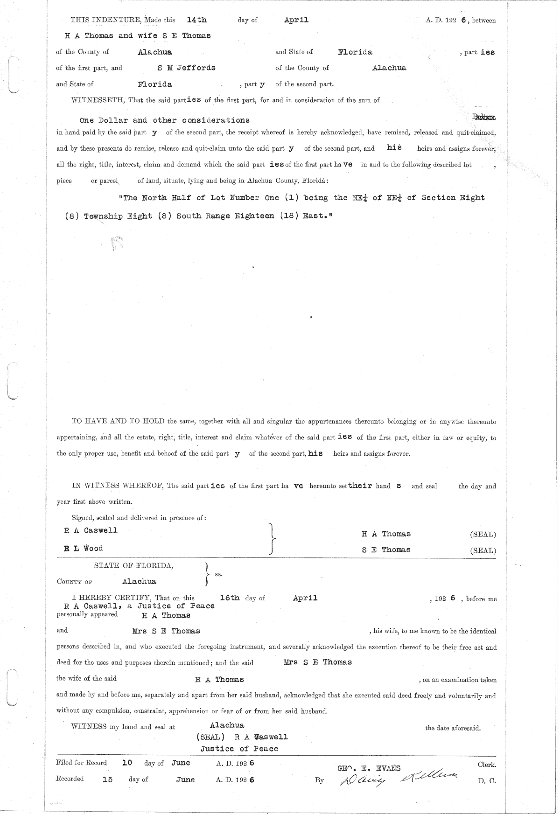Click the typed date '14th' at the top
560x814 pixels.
196,20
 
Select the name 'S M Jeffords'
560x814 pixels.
186,68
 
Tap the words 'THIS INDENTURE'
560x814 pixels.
105,20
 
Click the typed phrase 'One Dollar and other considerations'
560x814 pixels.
165,120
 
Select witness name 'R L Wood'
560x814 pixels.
84,548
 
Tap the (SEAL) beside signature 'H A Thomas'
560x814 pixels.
483,535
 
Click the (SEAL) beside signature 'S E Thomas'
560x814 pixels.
483,550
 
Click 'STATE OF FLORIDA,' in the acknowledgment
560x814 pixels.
133,565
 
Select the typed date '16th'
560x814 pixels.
229,598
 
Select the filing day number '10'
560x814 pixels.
127,763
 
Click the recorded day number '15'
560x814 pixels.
107,779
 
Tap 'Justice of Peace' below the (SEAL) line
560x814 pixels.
239,749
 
